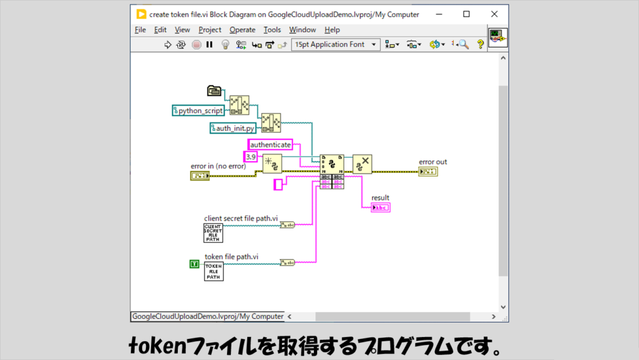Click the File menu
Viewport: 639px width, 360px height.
140,29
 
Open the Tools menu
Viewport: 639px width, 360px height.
272,29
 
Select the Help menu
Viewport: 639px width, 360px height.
332,29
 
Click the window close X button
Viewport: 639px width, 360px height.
494,14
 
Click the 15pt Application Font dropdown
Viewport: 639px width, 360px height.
336,44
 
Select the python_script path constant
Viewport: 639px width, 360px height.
198,110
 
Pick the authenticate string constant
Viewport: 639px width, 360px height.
270,145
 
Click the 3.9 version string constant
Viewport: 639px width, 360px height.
250,156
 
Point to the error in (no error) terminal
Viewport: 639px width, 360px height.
200,176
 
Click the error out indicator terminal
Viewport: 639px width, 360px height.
428,172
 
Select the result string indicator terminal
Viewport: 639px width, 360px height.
380,207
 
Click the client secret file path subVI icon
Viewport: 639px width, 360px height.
213,233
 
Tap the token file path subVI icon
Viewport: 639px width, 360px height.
213,271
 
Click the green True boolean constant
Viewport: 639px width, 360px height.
193,264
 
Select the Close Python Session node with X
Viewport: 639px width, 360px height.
362,164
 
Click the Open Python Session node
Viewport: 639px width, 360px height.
272,164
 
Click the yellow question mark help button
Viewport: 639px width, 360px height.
480,44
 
